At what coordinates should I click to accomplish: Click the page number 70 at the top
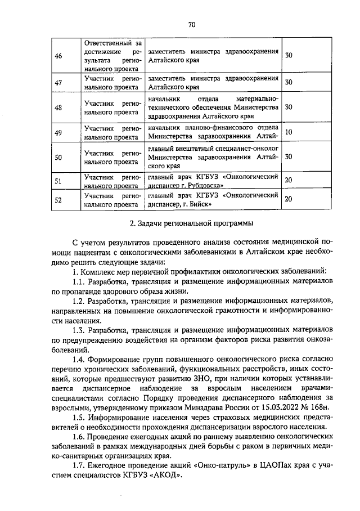(x=191, y=25)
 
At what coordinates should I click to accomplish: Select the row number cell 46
(x=58, y=55)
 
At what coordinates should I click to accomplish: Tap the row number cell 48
(x=58, y=107)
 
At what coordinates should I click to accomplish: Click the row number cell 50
(x=58, y=157)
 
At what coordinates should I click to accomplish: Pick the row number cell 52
(x=58, y=199)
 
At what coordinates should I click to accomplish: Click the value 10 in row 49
(x=289, y=132)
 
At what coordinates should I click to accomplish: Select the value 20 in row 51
(x=289, y=180)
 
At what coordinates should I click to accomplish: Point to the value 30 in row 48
(x=289, y=107)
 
